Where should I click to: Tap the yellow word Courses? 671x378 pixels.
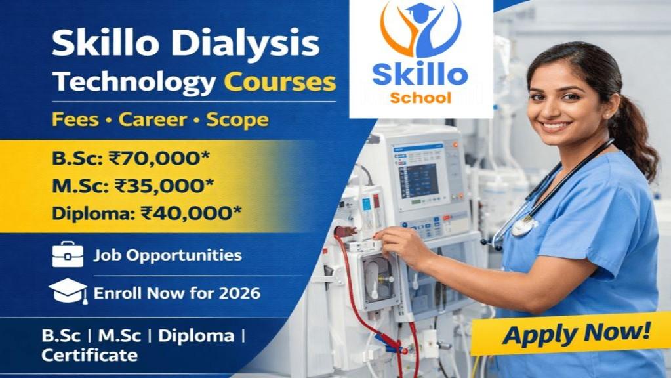pyautogui.click(x=280, y=83)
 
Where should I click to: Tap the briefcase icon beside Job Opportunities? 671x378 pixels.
pyautogui.click(x=68, y=255)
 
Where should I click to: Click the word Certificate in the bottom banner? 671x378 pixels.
pyautogui.click(x=90, y=356)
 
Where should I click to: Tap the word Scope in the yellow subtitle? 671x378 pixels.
pyautogui.click(x=237, y=120)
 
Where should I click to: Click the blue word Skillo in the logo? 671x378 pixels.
pyautogui.click(x=420, y=73)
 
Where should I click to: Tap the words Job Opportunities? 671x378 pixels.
pyautogui.click(x=167, y=255)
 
